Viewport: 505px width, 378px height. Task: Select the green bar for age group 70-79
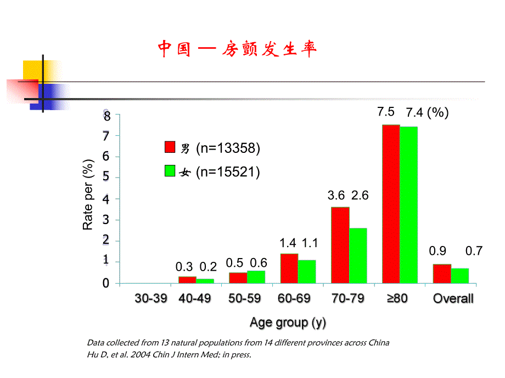(x=358, y=255)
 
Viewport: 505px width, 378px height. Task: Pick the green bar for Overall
(x=460, y=276)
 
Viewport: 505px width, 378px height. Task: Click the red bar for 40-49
(x=187, y=279)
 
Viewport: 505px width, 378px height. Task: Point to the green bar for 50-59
(x=256, y=277)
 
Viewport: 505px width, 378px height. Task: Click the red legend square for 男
(x=170, y=147)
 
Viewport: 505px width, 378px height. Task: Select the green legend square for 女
(x=170, y=171)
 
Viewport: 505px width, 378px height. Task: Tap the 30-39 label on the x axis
(x=151, y=299)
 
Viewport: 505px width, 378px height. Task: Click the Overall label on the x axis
(x=453, y=299)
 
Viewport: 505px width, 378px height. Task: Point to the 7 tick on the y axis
(x=106, y=135)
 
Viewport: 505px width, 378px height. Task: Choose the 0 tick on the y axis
(x=106, y=283)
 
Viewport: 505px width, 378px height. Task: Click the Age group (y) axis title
(x=288, y=323)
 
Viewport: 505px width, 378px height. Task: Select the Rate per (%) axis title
(x=88, y=198)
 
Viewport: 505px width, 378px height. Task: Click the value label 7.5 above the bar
(x=385, y=112)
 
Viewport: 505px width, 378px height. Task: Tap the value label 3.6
(x=336, y=195)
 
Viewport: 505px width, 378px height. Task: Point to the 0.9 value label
(x=437, y=251)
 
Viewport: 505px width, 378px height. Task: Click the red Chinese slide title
(x=237, y=49)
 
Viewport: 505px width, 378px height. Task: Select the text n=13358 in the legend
(x=228, y=148)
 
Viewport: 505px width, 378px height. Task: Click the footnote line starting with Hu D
(x=169, y=354)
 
